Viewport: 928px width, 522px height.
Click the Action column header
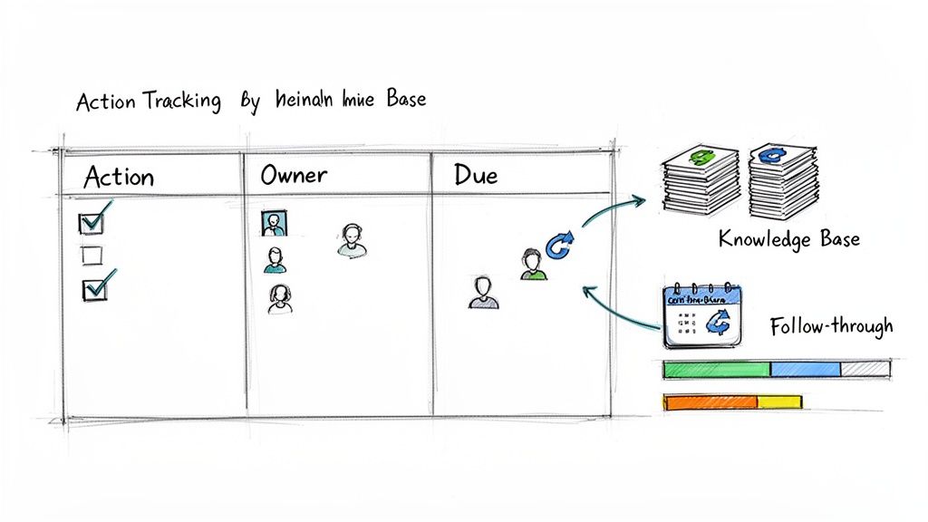[119, 177]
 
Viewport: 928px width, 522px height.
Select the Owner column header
[294, 175]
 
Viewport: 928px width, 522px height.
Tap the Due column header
[476, 175]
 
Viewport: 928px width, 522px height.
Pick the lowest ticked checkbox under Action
[95, 288]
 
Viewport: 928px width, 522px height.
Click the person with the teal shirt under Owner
[275, 261]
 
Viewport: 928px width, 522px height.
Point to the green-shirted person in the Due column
[532, 265]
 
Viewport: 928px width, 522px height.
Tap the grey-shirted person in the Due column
[483, 293]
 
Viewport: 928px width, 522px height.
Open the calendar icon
[701, 314]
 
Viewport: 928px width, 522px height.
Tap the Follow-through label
[831, 326]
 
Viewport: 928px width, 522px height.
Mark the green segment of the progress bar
[716, 369]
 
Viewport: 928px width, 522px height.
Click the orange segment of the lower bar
[710, 401]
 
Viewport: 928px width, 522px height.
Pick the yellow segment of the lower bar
[779, 401]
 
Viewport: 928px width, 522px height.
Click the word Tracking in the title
[180, 101]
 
